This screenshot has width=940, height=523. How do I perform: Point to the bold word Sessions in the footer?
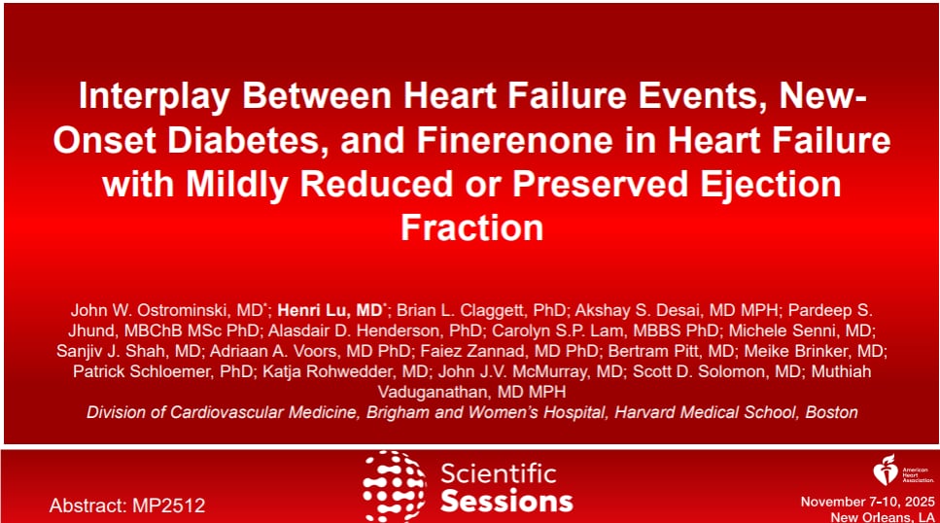click(x=505, y=501)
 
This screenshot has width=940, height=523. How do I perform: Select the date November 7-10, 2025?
click(x=866, y=501)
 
